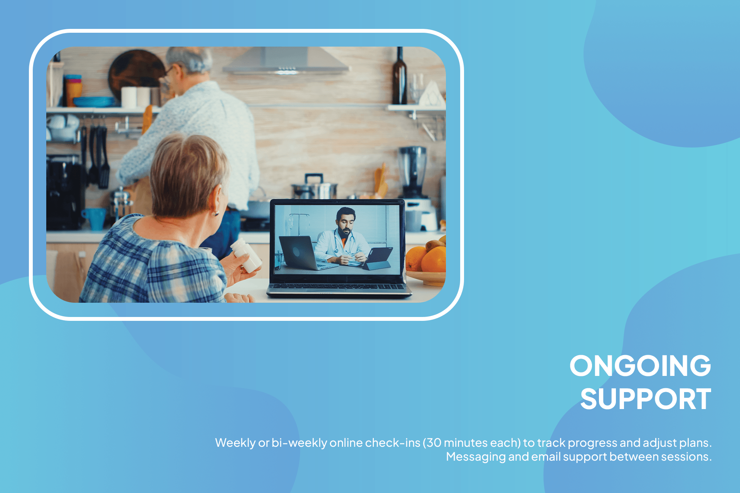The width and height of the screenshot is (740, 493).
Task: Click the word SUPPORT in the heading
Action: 646,399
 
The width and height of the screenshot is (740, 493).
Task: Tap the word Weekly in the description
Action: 235,443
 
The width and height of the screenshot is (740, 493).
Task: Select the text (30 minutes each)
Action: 472,443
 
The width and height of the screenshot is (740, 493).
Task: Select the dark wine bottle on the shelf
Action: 400,77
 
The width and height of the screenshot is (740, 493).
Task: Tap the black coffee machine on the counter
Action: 64,193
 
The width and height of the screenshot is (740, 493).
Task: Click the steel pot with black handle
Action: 314,189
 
